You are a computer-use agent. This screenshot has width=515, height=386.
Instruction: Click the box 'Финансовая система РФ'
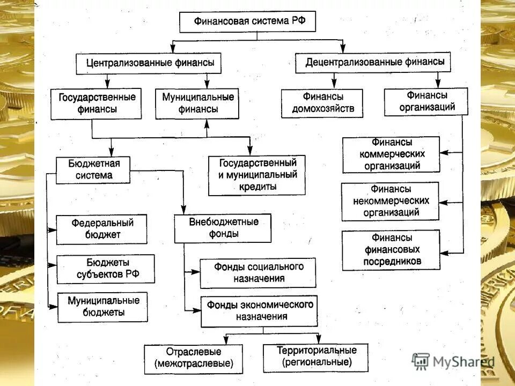pos(247,22)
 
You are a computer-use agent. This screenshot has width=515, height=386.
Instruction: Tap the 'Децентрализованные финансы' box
pos(374,63)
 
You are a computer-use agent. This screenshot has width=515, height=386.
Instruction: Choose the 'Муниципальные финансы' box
pos(197,103)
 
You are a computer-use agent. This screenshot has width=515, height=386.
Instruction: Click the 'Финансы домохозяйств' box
pos(322,103)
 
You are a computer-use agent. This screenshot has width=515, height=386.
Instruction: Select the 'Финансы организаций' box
pos(426,101)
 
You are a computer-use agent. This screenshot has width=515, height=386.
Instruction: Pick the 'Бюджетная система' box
pos(93,169)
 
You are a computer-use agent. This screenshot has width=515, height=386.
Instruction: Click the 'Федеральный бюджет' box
pos(101,229)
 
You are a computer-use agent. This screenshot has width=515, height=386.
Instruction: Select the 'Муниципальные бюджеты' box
pos(102,307)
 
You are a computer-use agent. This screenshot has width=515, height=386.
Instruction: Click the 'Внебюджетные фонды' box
pos(223,228)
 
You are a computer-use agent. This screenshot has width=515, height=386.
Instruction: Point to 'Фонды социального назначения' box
pos(258,273)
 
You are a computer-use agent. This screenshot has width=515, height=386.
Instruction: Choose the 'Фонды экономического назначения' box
pos(259,311)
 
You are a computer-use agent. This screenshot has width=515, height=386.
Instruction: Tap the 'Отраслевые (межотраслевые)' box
pos(193,359)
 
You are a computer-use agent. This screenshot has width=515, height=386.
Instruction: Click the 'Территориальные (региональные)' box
pos(315,357)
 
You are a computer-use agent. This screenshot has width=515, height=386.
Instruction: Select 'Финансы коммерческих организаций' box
pos(391,154)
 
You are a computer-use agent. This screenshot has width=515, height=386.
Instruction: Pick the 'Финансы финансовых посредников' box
pos(391,250)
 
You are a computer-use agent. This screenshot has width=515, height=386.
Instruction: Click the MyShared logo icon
pos(421,361)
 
